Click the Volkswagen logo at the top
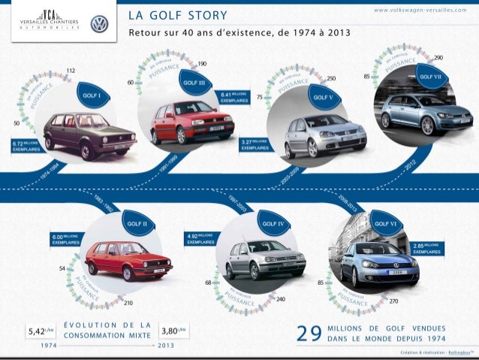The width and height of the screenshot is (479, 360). (99, 24)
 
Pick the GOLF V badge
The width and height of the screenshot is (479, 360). (321, 97)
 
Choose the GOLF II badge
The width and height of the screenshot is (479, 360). (137, 223)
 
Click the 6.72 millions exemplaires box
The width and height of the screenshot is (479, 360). (25, 145)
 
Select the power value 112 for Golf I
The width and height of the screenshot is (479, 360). (71, 70)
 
